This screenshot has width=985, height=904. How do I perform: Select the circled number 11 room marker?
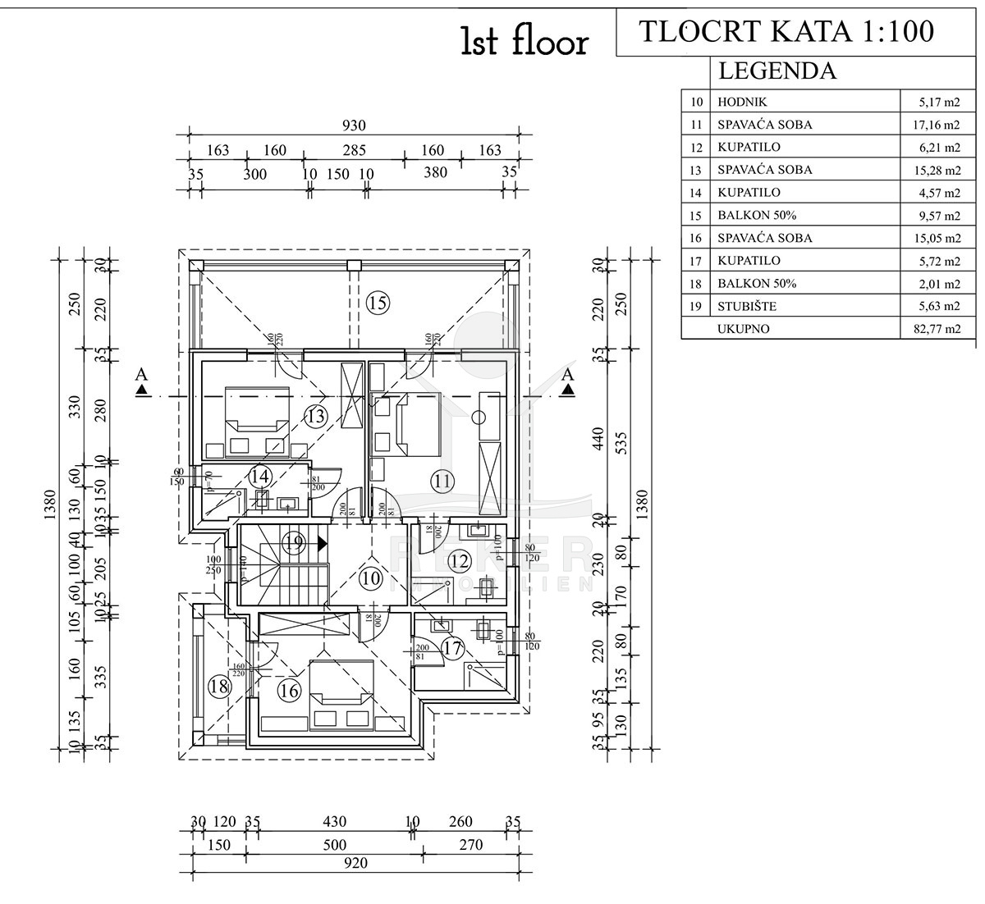[443, 482]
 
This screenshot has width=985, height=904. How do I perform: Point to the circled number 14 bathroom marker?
[260, 477]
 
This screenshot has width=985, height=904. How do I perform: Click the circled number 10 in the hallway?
[371, 578]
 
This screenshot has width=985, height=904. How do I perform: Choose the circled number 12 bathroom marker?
[460, 562]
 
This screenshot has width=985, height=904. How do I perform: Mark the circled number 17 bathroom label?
[452, 648]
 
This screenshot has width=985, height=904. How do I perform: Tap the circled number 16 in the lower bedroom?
[289, 691]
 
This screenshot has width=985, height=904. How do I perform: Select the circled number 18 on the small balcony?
[218, 687]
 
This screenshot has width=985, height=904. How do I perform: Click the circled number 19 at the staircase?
[294, 542]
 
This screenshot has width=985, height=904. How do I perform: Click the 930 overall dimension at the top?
[353, 126]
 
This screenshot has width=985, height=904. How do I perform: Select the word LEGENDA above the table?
[777, 71]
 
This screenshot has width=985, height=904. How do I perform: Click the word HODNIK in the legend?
[742, 103]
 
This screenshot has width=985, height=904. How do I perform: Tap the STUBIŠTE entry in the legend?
[747, 307]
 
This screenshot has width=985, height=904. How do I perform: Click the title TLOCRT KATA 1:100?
[786, 30]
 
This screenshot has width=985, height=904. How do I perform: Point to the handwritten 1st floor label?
[525, 43]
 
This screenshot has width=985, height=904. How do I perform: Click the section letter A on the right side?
[567, 375]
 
